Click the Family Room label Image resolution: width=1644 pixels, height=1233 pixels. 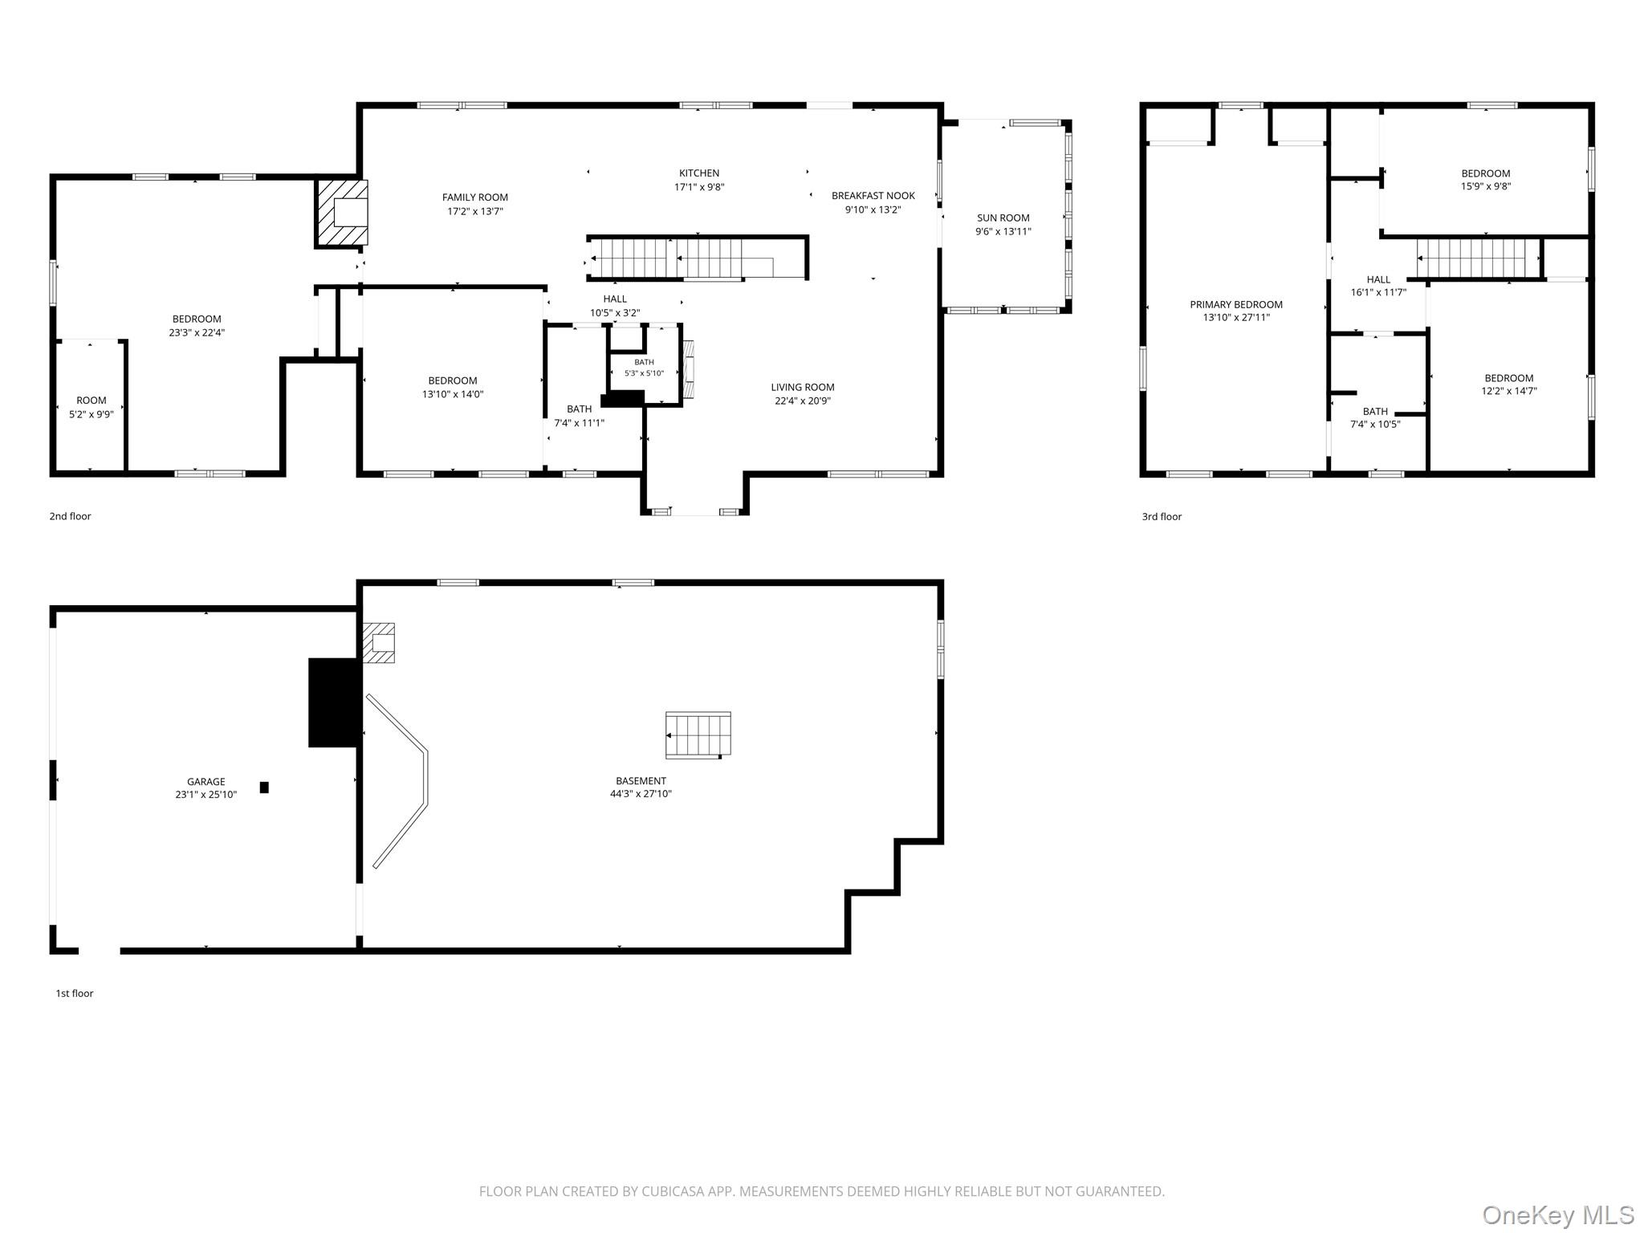pyautogui.click(x=475, y=197)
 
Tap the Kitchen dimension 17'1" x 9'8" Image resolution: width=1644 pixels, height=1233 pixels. pyautogui.click(x=699, y=187)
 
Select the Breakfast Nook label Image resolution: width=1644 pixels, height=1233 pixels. pyautogui.click(x=873, y=196)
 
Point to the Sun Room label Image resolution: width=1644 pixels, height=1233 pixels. pyautogui.click(x=1003, y=218)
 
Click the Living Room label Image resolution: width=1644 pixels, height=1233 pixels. pyautogui.click(x=803, y=387)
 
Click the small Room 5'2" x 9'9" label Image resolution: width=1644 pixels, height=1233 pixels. pyautogui.click(x=92, y=401)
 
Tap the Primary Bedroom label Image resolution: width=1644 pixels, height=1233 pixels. pyautogui.click(x=1236, y=304)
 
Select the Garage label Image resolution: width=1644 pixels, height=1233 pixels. pyautogui.click(x=206, y=781)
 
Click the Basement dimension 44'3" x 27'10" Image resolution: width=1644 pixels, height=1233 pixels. pyautogui.click(x=641, y=794)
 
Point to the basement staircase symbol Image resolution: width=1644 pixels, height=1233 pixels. pyautogui.click(x=698, y=735)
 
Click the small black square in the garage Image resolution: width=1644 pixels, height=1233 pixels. pyautogui.click(x=264, y=787)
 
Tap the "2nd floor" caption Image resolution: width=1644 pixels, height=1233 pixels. pyautogui.click(x=71, y=516)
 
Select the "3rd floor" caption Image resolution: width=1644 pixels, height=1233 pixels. pyautogui.click(x=1162, y=516)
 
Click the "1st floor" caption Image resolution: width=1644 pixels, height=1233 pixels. pyautogui.click(x=75, y=993)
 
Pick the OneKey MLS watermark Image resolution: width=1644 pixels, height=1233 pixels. pyautogui.click(x=1557, y=1215)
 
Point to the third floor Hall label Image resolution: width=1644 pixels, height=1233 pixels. pyautogui.click(x=1378, y=280)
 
